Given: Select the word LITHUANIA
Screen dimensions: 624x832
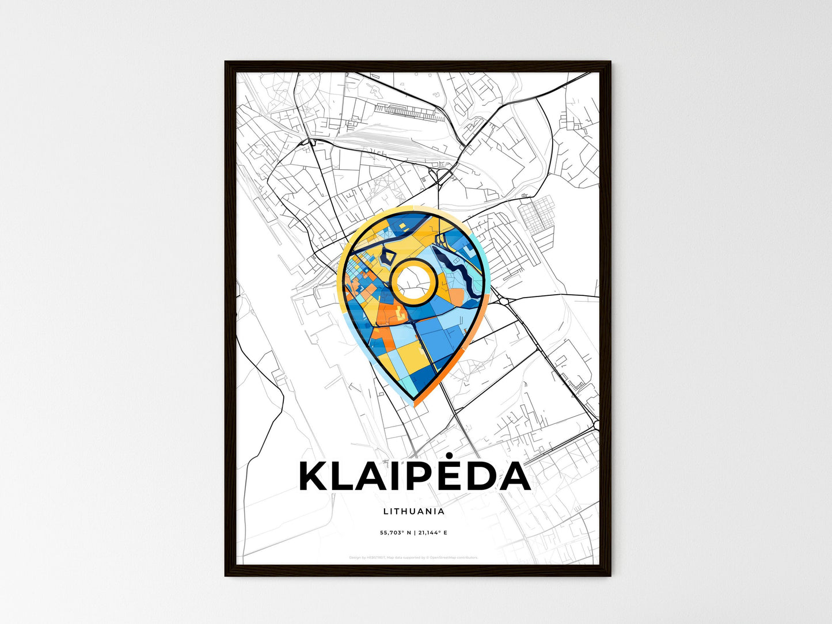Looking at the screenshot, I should click(413, 511).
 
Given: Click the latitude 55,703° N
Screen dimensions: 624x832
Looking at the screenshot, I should click(394, 533).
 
